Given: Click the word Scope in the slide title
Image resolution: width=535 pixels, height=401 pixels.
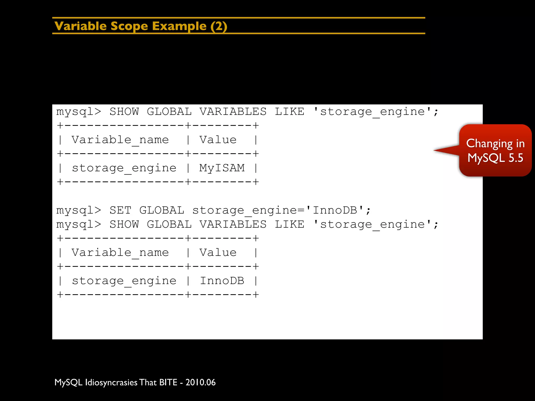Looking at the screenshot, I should click(x=129, y=26).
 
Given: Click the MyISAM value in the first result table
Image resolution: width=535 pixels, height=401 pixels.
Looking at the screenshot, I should click(x=222, y=168).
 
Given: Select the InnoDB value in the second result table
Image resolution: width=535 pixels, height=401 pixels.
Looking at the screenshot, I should click(x=222, y=281).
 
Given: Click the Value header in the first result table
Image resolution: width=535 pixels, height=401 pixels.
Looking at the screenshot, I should click(x=218, y=140).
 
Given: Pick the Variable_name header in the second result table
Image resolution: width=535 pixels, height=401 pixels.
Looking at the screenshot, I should click(x=120, y=252).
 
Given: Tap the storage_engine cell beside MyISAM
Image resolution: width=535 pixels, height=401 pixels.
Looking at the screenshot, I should click(x=124, y=168).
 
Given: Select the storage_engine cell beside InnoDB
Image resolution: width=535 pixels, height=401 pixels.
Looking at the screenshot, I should click(x=124, y=281).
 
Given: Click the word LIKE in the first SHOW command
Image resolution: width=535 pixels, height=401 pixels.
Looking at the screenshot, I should click(x=289, y=111).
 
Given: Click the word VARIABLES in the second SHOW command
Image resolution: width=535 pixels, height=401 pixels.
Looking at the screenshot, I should click(x=233, y=224).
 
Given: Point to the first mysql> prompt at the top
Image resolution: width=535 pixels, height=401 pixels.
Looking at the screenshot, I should click(x=79, y=111).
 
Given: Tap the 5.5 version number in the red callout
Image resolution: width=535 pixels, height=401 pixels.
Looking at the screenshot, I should click(x=516, y=158).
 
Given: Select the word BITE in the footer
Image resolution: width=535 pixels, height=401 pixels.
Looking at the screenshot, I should click(x=168, y=382).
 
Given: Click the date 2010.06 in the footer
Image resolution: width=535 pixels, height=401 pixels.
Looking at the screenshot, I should click(x=201, y=382).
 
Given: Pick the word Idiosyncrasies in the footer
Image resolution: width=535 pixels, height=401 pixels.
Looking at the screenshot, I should click(x=111, y=382).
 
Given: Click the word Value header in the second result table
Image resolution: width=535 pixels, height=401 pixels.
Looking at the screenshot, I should click(x=218, y=252).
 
